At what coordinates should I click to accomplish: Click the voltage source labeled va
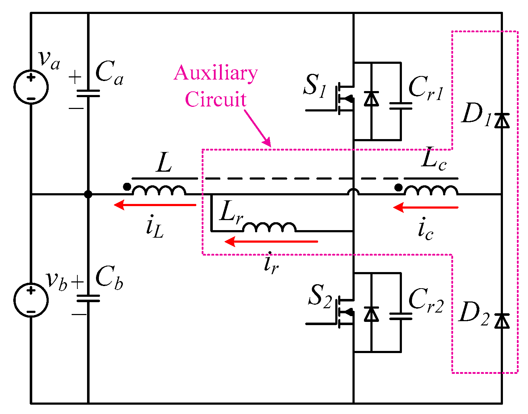pos(31,87)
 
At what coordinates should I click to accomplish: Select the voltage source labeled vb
pos(31,300)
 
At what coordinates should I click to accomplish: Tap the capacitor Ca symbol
pos(88,93)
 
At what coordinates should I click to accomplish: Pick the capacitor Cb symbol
pos(88,298)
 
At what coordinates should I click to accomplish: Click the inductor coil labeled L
pos(159,190)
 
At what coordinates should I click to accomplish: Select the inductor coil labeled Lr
pos(269,227)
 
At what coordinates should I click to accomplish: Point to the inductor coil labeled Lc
pos(431,190)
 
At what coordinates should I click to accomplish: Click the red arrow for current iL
pos(155,205)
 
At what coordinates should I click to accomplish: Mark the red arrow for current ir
pos(271,242)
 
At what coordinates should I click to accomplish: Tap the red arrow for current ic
pos(426,208)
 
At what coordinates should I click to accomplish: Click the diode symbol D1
pos(502,121)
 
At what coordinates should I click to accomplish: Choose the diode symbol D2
pos(502,321)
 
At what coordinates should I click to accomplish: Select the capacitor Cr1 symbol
pos(400,106)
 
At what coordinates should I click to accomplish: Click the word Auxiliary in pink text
pos(216,73)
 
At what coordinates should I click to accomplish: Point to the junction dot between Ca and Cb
pos(88,194)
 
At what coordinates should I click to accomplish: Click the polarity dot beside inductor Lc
pos(398,187)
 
